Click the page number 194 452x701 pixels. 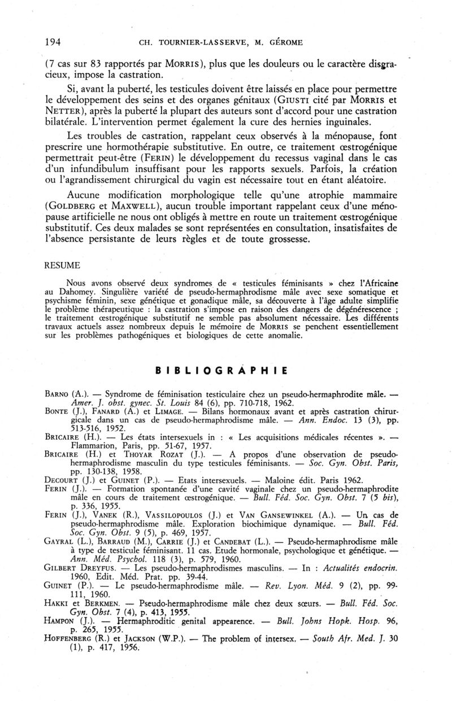pyautogui.click(x=53, y=41)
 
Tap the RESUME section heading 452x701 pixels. pyautogui.click(x=62, y=265)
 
